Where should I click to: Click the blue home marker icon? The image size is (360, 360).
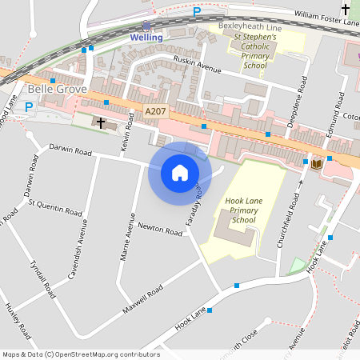(179, 172)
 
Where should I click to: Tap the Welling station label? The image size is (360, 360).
(146, 38)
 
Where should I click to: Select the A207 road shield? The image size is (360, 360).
(156, 112)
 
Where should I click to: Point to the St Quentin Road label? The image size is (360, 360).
(54, 208)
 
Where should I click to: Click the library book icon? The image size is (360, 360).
(317, 164)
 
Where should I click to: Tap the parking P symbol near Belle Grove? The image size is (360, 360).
(30, 106)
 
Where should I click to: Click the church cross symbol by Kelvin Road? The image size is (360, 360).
(101, 123)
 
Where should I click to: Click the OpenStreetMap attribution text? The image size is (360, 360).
(80, 354)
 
